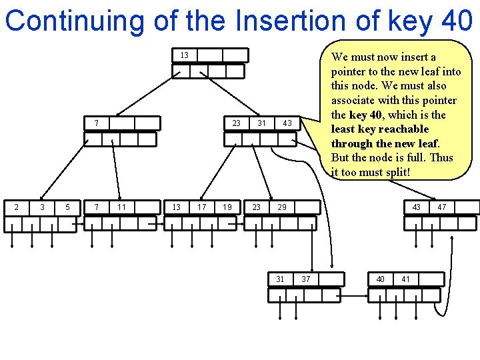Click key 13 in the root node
pyautogui.click(x=184, y=55)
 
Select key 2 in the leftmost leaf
pyautogui.click(x=17, y=207)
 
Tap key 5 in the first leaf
pyautogui.click(x=67, y=207)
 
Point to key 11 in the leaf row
pyautogui.click(x=122, y=207)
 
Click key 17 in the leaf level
pyautogui.click(x=201, y=207)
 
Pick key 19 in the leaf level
pyautogui.click(x=227, y=207)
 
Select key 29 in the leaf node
pyautogui.click(x=282, y=207)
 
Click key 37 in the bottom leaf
pyautogui.click(x=305, y=279)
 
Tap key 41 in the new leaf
pyautogui.click(x=405, y=279)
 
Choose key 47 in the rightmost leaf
pyautogui.click(x=441, y=207)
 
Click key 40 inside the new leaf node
pyautogui.click(x=380, y=279)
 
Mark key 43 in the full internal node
pyautogui.click(x=287, y=123)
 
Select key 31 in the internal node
pyautogui.click(x=262, y=123)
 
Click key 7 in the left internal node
pyautogui.click(x=97, y=123)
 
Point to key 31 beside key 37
pyautogui.click(x=280, y=279)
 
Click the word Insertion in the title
pyautogui.click(x=279, y=20)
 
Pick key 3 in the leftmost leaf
pyautogui.click(x=42, y=207)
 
